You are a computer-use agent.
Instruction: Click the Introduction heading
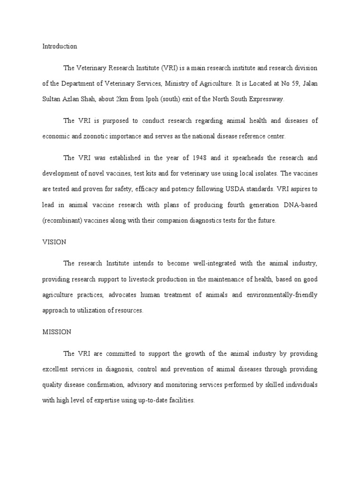[60, 46]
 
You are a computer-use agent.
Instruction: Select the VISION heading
[54, 242]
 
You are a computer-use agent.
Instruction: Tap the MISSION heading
[57, 331]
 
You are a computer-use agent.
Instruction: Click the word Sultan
[52, 99]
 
